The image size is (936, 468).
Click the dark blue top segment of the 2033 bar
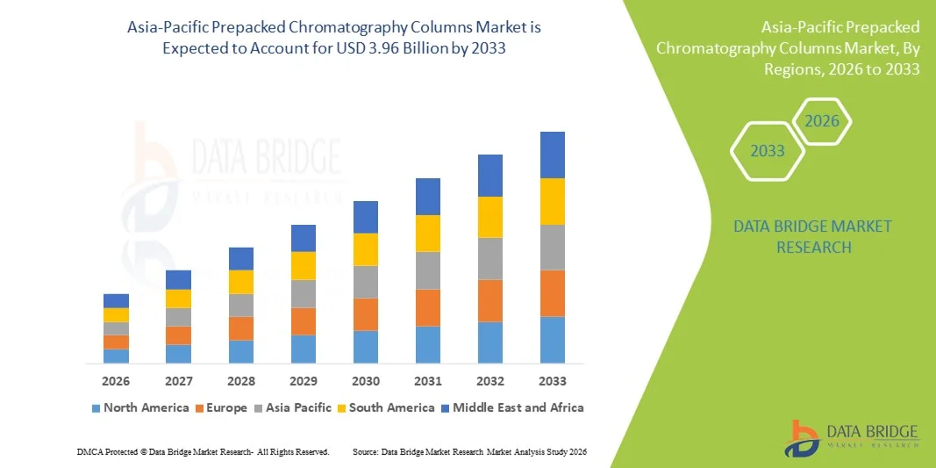coord(552,155)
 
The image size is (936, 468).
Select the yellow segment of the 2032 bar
coord(489,217)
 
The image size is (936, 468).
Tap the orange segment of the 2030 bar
coord(365,314)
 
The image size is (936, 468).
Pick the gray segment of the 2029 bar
coord(303,293)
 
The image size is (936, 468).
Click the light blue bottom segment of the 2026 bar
coord(116,356)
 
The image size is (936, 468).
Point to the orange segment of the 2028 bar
coord(240,328)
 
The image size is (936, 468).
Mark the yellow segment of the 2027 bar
coord(178,299)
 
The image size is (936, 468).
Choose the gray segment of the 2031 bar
coord(427,270)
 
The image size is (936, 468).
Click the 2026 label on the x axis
coord(116,381)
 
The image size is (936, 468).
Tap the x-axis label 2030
coord(365,381)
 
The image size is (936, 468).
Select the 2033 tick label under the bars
coord(552,381)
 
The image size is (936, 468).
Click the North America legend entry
coord(139,407)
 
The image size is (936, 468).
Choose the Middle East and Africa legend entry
coord(511,407)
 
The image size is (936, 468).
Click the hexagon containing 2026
coord(822,121)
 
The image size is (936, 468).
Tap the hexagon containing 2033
coord(767,151)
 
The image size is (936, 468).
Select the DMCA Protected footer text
coord(203,451)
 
